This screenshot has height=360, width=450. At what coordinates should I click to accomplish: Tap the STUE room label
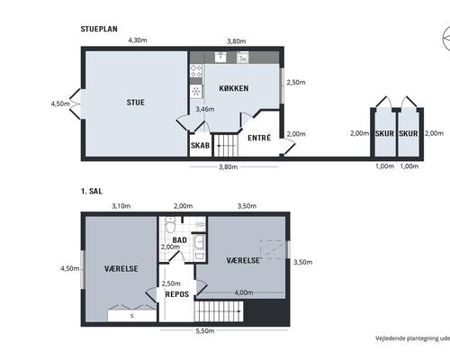pos(135,102)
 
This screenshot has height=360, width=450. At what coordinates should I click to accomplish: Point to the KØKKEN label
pos(233,89)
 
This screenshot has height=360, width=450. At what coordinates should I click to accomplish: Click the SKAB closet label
pos(200,145)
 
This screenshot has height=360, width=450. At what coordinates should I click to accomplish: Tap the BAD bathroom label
pos(179,239)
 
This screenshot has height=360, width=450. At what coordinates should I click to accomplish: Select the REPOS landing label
pos(176,294)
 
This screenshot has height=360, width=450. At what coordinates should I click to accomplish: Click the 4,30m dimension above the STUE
pos(137,40)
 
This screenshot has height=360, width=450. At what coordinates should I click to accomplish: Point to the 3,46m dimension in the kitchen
pos(204,109)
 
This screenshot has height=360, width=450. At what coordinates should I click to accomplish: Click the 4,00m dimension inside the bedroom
pos(243,292)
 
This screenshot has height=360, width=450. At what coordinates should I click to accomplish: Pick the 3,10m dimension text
pos(121,206)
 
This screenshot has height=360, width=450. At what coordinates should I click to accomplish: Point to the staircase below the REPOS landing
pos(220,311)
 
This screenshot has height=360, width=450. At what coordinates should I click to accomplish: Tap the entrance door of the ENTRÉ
pos(286,147)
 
